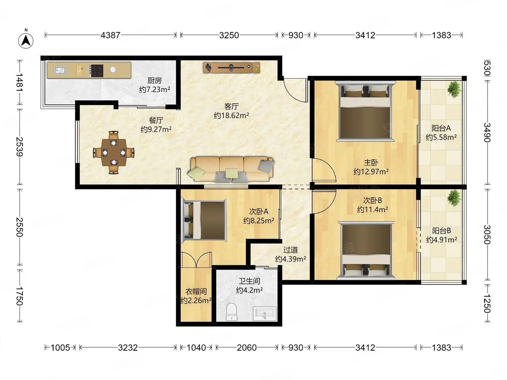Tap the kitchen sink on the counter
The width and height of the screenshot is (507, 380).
[60, 70]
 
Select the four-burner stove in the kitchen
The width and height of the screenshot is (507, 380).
[96, 70]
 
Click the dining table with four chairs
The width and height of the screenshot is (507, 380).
[114, 152]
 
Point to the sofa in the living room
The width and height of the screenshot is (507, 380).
[231, 170]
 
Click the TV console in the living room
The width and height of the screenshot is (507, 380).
[231, 68]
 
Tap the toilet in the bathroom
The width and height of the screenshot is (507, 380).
[232, 312]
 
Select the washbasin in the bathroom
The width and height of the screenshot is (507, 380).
[265, 313]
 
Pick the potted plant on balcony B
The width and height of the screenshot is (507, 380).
[454, 198]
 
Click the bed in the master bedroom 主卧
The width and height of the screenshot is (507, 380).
[366, 111]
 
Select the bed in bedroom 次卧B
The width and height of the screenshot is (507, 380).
[366, 250]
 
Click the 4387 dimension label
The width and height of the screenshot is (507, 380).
[110, 35]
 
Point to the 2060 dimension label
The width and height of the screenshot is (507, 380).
[247, 347]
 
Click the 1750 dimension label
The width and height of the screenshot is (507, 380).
[20, 296]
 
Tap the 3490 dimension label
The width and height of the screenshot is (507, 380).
[487, 133]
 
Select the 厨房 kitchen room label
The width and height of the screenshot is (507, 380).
[154, 80]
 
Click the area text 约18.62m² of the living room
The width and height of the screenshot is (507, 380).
[231, 115]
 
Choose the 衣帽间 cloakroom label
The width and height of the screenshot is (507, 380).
[196, 291]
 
